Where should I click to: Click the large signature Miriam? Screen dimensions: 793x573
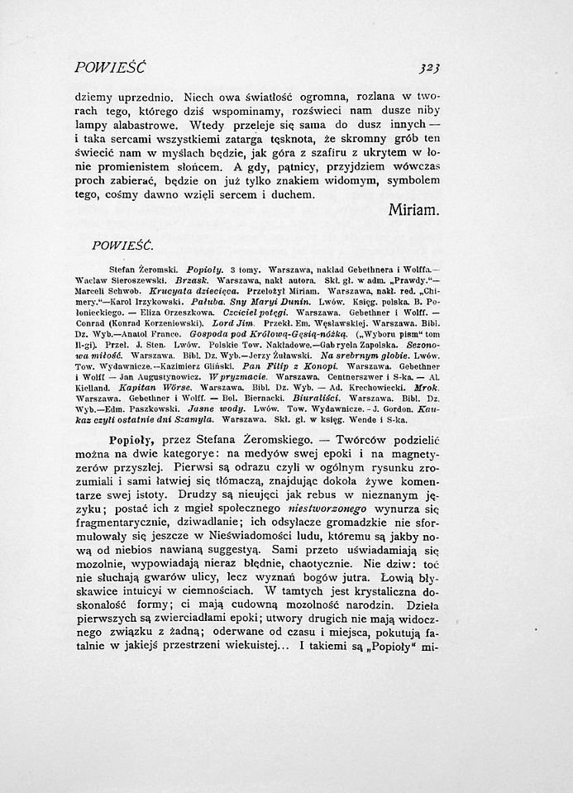click(x=413, y=211)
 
